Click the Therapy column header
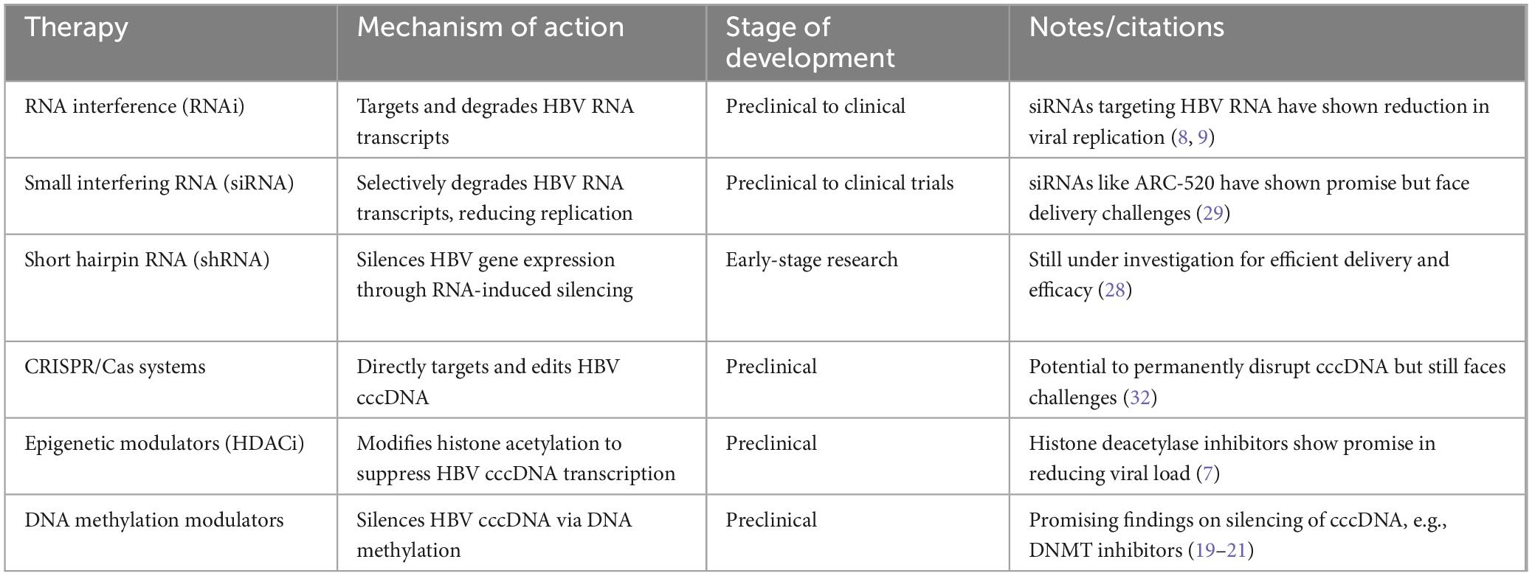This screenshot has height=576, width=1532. [76, 28]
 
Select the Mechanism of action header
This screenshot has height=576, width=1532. [490, 27]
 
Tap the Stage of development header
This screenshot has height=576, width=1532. [810, 42]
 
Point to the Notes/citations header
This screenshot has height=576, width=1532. [1126, 27]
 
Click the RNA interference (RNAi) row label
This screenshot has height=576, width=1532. [134, 107]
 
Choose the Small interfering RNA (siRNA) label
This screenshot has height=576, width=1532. [159, 183]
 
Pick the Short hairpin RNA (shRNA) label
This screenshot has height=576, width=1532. [147, 260]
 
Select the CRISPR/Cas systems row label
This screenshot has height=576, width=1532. [115, 367]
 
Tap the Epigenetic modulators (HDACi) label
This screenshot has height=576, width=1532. [165, 443]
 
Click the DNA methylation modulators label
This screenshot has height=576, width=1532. [154, 520]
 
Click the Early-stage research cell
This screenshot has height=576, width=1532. [812, 260]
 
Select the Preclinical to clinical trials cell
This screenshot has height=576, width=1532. [840, 183]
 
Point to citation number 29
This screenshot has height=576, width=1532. [1213, 214]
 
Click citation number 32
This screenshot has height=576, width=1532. [1140, 398]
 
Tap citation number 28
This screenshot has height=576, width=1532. [1115, 291]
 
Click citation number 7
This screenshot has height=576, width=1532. [1208, 473]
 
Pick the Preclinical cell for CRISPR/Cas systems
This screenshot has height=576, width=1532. [771, 367]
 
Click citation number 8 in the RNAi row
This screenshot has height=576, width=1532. [1183, 138]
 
